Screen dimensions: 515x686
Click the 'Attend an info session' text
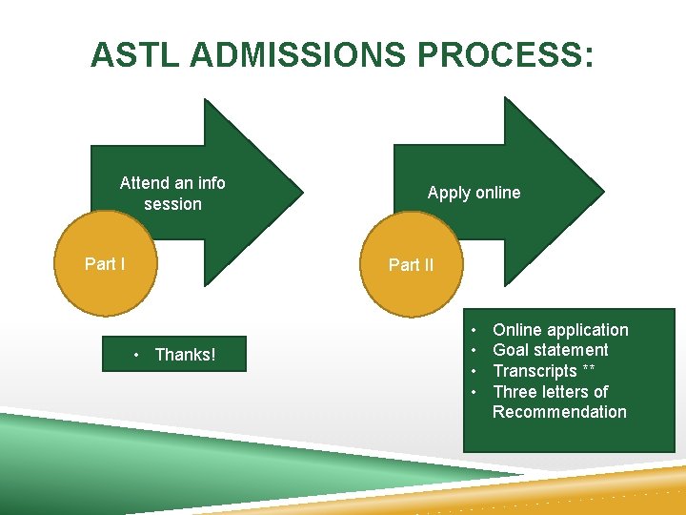click(x=172, y=194)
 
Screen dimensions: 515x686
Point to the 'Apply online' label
click(x=474, y=193)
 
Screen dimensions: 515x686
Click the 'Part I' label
click(x=105, y=264)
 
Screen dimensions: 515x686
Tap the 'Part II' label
click(x=411, y=265)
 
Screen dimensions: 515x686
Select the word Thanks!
click(x=185, y=356)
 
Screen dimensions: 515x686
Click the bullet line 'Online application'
click(x=560, y=330)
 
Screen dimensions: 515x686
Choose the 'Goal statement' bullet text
click(x=550, y=350)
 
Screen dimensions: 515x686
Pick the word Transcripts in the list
click(x=535, y=371)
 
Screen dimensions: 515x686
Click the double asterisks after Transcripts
click(x=589, y=370)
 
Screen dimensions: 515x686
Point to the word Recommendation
click(x=559, y=412)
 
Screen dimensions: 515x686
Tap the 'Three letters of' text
click(x=550, y=392)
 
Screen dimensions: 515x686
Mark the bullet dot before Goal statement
click(x=474, y=350)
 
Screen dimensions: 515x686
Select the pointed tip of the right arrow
click(x=603, y=190)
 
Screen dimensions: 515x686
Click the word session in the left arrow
click(x=172, y=204)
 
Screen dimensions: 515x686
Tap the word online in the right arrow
click(x=497, y=193)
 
